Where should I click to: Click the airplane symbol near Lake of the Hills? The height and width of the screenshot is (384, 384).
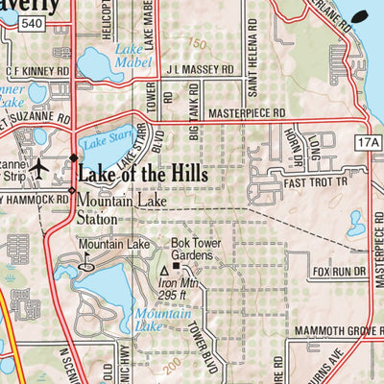(38, 169)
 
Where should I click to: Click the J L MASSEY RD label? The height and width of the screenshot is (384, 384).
(199, 70)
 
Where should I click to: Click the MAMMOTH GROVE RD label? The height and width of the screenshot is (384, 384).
(311, 332)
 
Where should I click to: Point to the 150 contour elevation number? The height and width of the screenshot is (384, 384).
(197, 43)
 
